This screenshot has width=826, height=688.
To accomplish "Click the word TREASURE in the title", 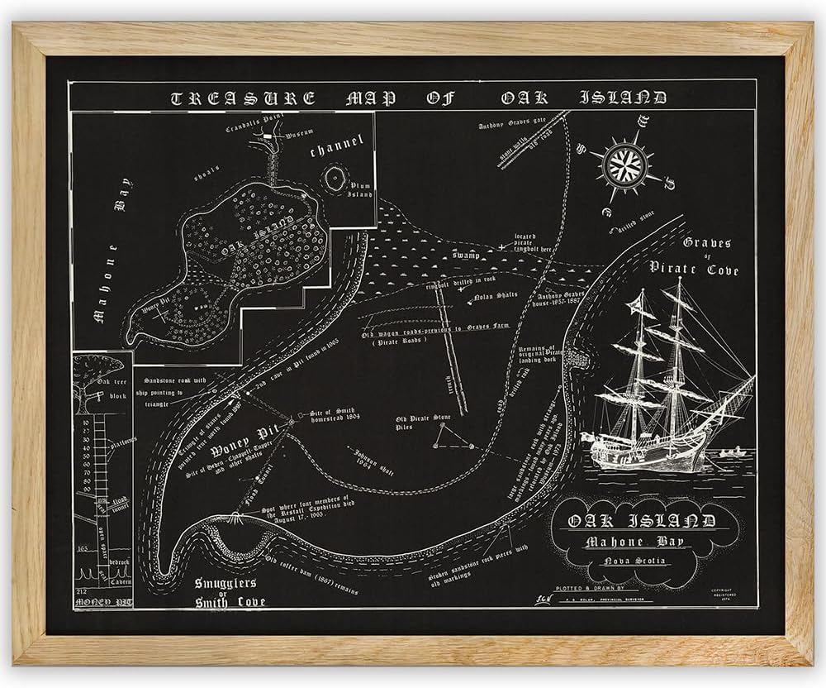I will pos(242,98).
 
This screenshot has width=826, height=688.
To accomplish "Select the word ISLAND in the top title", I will pos(619,98).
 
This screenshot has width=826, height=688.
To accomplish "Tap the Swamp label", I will pos(466,257).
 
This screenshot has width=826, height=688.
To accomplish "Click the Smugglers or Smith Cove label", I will pos(229,591).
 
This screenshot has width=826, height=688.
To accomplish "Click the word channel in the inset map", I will pos(336,149).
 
